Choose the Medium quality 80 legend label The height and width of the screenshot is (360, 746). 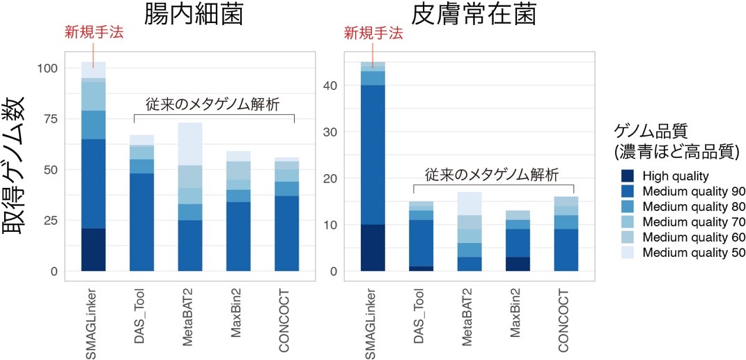point(692,207)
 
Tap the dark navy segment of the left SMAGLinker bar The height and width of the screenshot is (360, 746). point(93,249)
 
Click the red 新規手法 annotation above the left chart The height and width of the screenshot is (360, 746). point(93,33)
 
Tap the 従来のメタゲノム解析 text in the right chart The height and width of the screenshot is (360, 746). point(492,174)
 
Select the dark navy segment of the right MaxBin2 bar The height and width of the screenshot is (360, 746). point(517,264)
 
